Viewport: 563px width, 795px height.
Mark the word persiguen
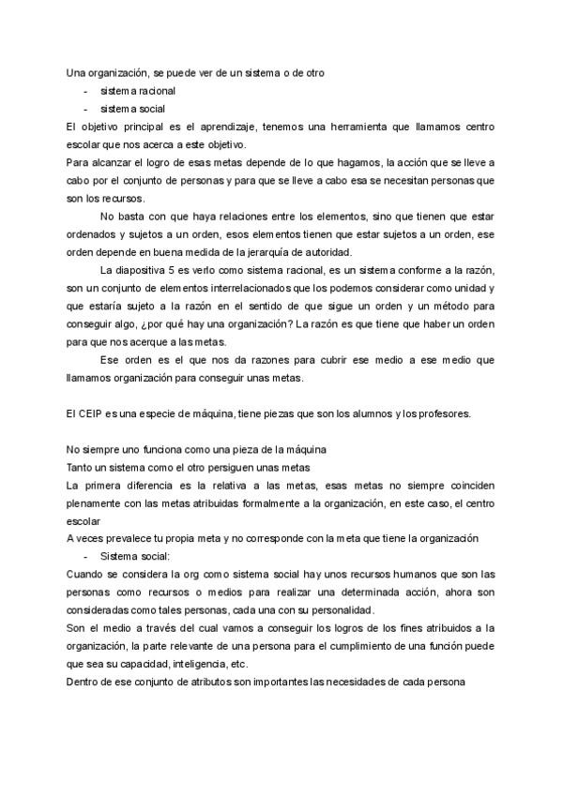point(231,466)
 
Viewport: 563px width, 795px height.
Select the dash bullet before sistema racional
point(86,92)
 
